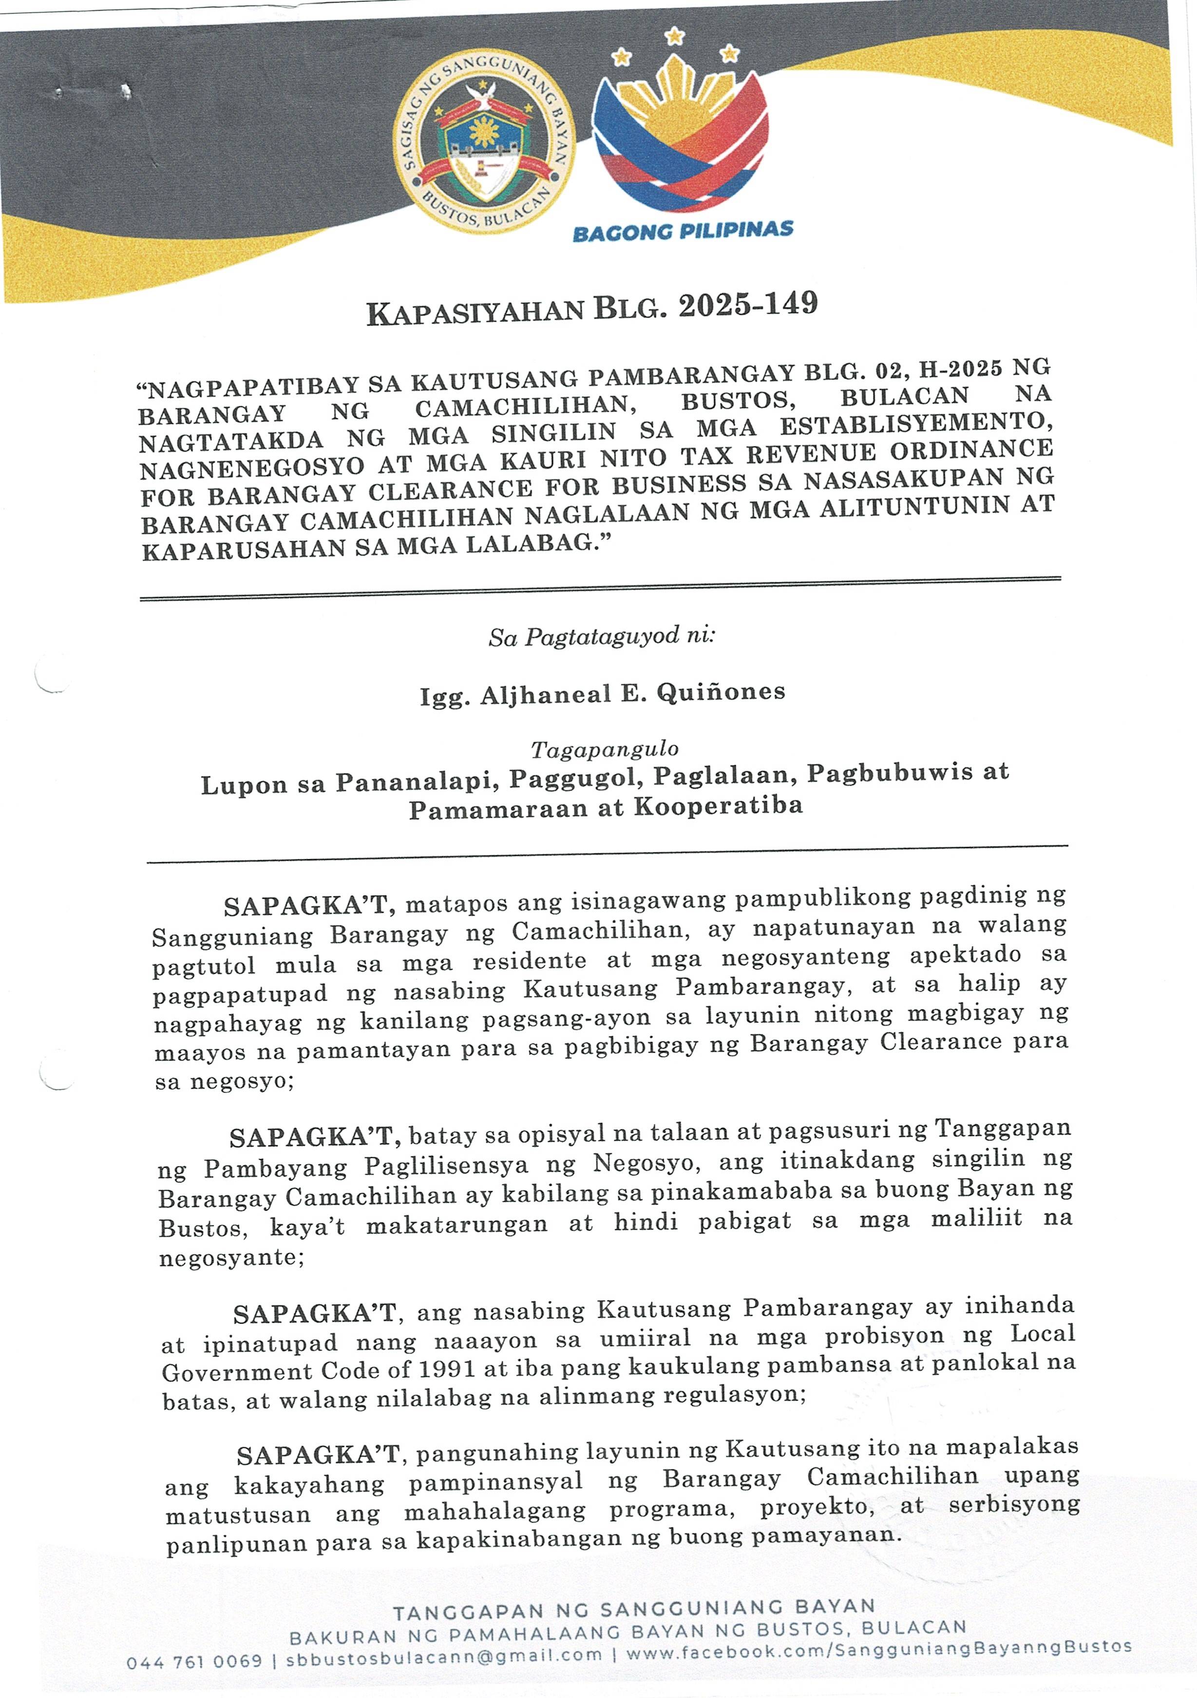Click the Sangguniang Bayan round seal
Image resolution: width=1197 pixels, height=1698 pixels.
click(485, 148)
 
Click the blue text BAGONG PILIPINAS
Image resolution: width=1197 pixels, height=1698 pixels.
click(683, 232)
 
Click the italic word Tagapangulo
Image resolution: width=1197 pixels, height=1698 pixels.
click(605, 750)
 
